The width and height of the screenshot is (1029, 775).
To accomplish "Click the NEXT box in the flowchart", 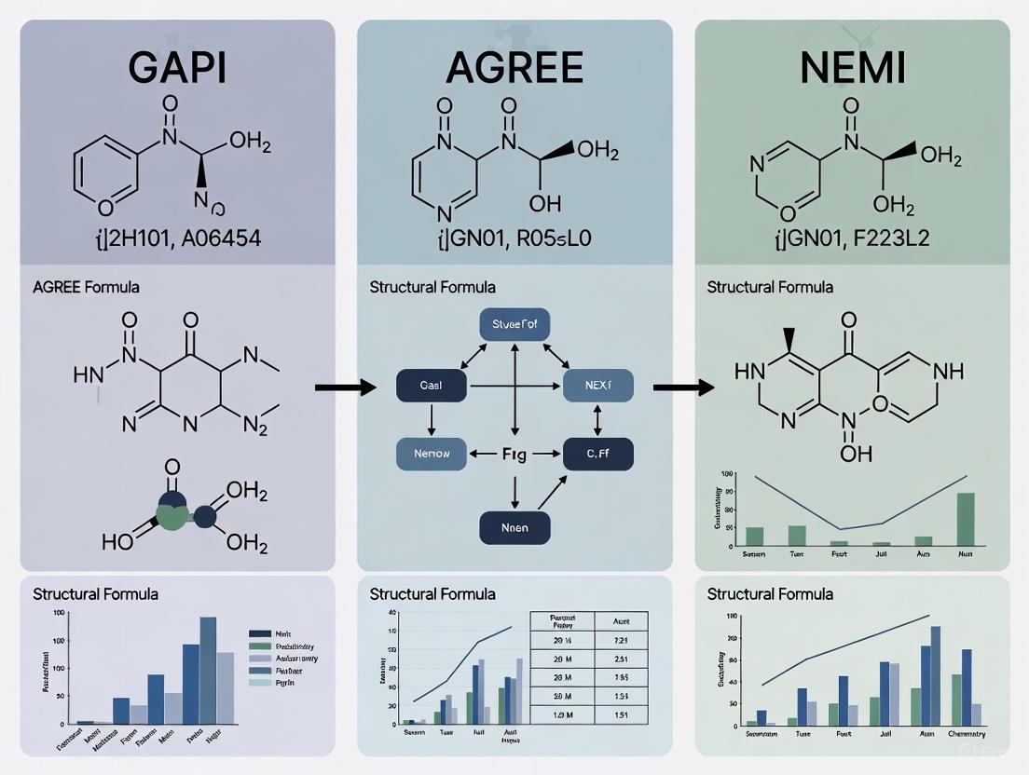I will [597, 384].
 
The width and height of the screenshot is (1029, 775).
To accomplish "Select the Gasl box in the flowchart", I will [431, 384].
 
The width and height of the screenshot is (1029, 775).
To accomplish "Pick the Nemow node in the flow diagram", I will [431, 454].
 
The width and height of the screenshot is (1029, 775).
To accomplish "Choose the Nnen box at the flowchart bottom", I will [514, 527].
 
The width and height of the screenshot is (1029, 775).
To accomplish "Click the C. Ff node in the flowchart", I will [597, 454].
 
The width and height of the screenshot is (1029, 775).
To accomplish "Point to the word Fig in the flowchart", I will [514, 455].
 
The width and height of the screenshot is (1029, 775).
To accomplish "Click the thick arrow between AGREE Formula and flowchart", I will [345, 385].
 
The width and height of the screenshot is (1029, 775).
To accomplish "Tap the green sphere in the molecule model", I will [172, 514].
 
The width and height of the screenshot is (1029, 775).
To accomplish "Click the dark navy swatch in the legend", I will [260, 632].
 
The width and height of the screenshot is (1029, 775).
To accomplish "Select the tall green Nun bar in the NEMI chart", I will [966, 519].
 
